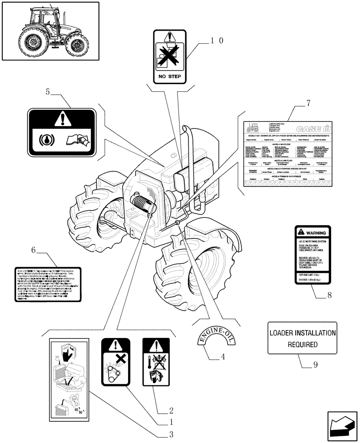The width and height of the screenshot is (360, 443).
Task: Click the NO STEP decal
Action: (171, 57)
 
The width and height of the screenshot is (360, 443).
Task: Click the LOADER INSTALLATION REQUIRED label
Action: (302, 338)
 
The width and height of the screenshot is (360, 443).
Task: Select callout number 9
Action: (315, 365)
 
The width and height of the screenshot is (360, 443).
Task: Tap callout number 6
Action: (34, 250)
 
